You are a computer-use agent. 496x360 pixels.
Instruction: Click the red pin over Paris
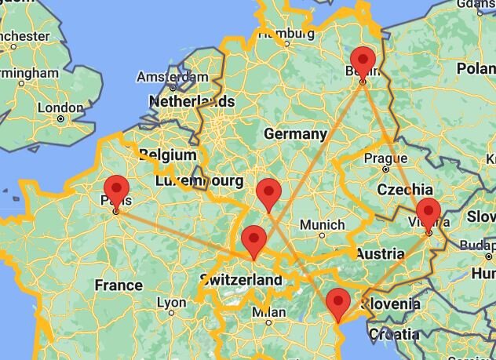tap(116, 189)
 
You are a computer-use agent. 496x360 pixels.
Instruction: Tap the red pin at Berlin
tap(363, 60)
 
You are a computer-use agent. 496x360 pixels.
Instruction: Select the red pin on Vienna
tap(428, 212)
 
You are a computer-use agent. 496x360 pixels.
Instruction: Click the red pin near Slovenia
tap(337, 301)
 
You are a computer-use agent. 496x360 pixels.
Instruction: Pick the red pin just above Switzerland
tap(253, 238)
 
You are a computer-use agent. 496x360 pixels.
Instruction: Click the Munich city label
tap(322, 225)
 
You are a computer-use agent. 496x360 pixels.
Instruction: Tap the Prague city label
tap(385, 157)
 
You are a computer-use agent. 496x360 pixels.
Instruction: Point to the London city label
tap(60, 108)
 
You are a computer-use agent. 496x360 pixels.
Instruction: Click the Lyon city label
tap(171, 303)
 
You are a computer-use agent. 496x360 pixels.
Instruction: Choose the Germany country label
tap(294, 134)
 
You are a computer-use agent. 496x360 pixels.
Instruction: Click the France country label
tap(119, 285)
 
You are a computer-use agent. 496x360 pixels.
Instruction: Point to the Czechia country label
tap(404, 189)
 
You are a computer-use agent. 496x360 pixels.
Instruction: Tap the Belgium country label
tap(167, 155)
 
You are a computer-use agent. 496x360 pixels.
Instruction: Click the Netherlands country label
tap(191, 101)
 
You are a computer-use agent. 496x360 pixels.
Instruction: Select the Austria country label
tap(380, 253)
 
